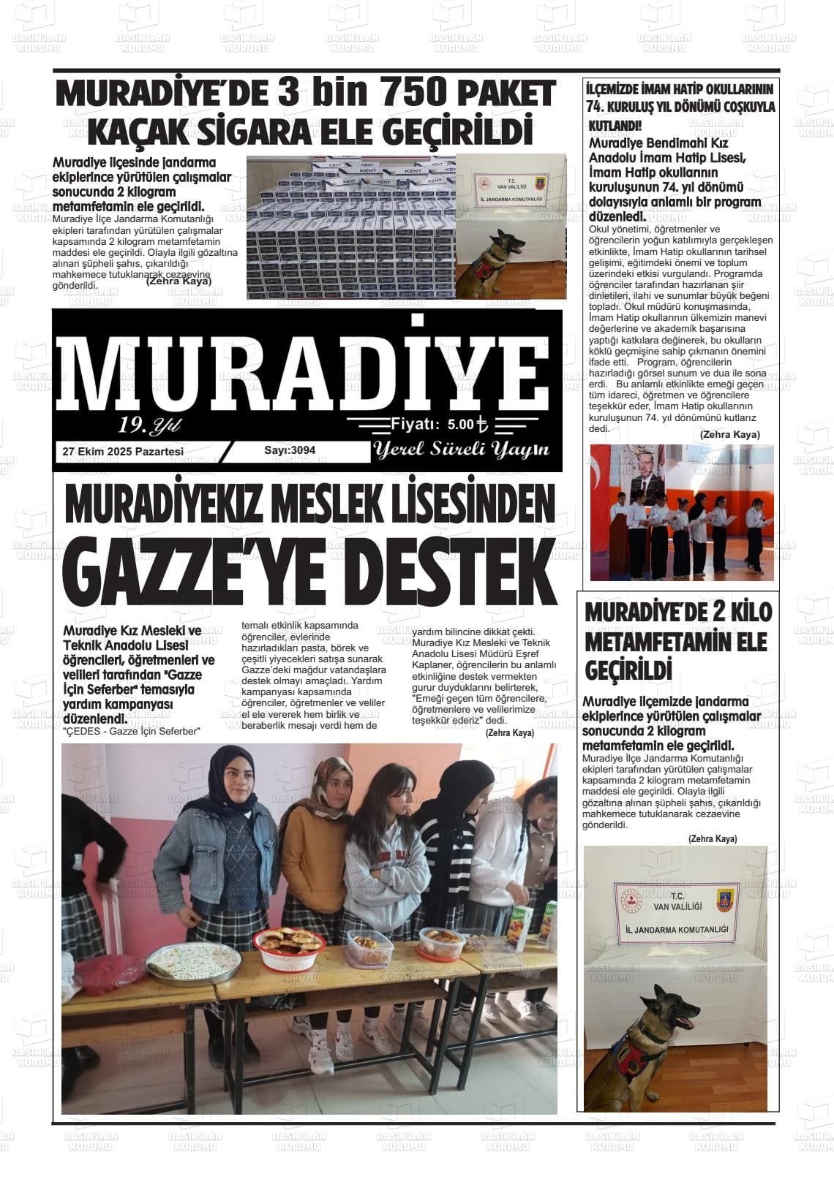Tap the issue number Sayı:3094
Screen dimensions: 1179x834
(290, 450)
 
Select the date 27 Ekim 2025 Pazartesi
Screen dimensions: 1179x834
(123, 452)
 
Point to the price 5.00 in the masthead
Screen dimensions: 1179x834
(461, 423)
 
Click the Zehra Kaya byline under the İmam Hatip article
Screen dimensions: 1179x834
(729, 435)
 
